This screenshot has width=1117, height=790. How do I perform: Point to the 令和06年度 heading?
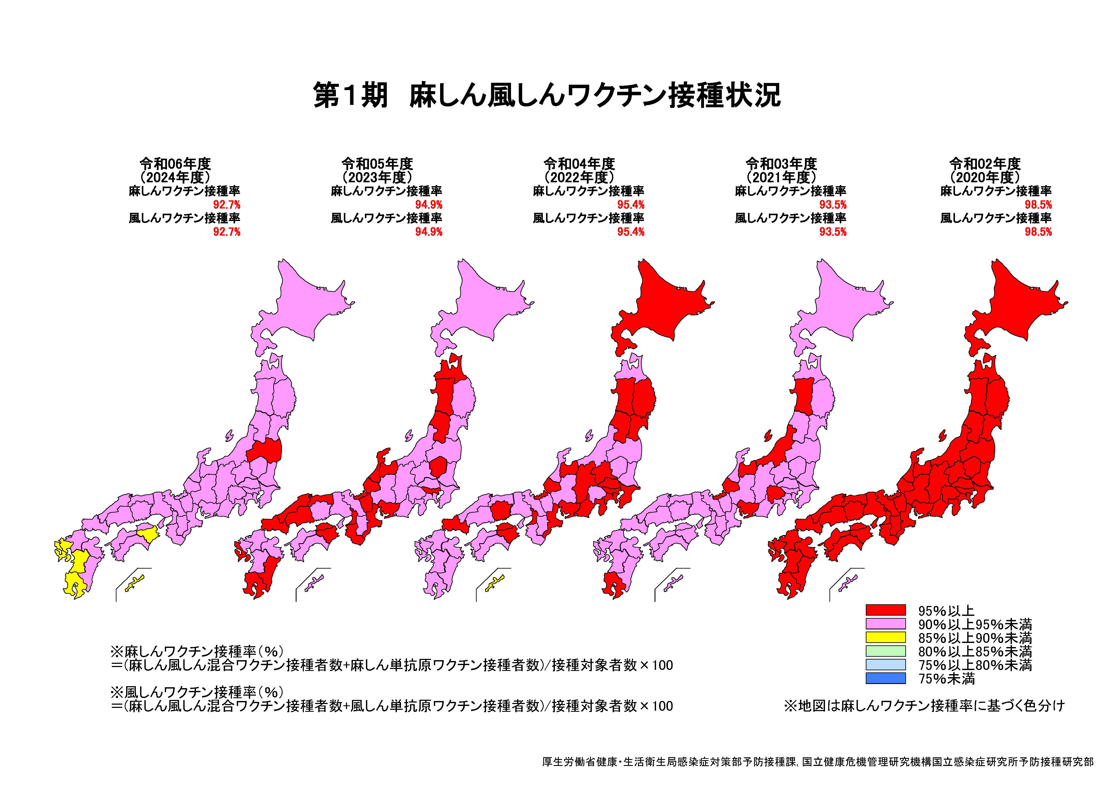tap(175, 164)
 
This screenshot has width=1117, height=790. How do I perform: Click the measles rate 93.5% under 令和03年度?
tap(833, 205)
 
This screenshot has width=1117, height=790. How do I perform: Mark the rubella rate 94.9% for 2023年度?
tap(429, 232)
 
